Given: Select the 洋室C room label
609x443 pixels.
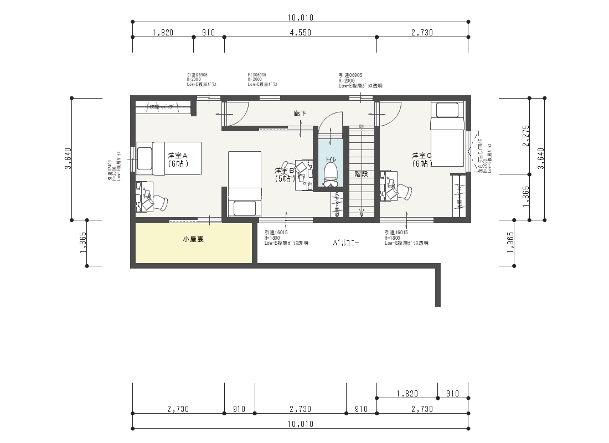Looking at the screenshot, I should tap(421, 159).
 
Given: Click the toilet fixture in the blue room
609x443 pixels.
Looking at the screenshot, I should tap(331, 172).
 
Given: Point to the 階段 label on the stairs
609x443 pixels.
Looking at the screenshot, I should tap(361, 173).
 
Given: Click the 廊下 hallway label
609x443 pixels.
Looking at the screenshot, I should tap(300, 113).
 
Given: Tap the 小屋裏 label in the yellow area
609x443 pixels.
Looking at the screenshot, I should tap(193, 240).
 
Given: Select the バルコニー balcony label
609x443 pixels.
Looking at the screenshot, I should tap(346, 243).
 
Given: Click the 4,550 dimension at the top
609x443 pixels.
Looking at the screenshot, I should tap(301, 33).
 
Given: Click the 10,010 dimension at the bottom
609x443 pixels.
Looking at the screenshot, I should tap(301, 424).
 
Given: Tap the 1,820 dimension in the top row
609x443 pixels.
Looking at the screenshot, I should tap(163, 33).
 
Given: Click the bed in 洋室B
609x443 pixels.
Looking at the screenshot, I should tap(245, 183).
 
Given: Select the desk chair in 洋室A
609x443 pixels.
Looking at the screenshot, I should tap(157, 203).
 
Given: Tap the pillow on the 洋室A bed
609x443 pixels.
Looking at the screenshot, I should tap(144, 158).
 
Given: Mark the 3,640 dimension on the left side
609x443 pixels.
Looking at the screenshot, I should tap(68, 159).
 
